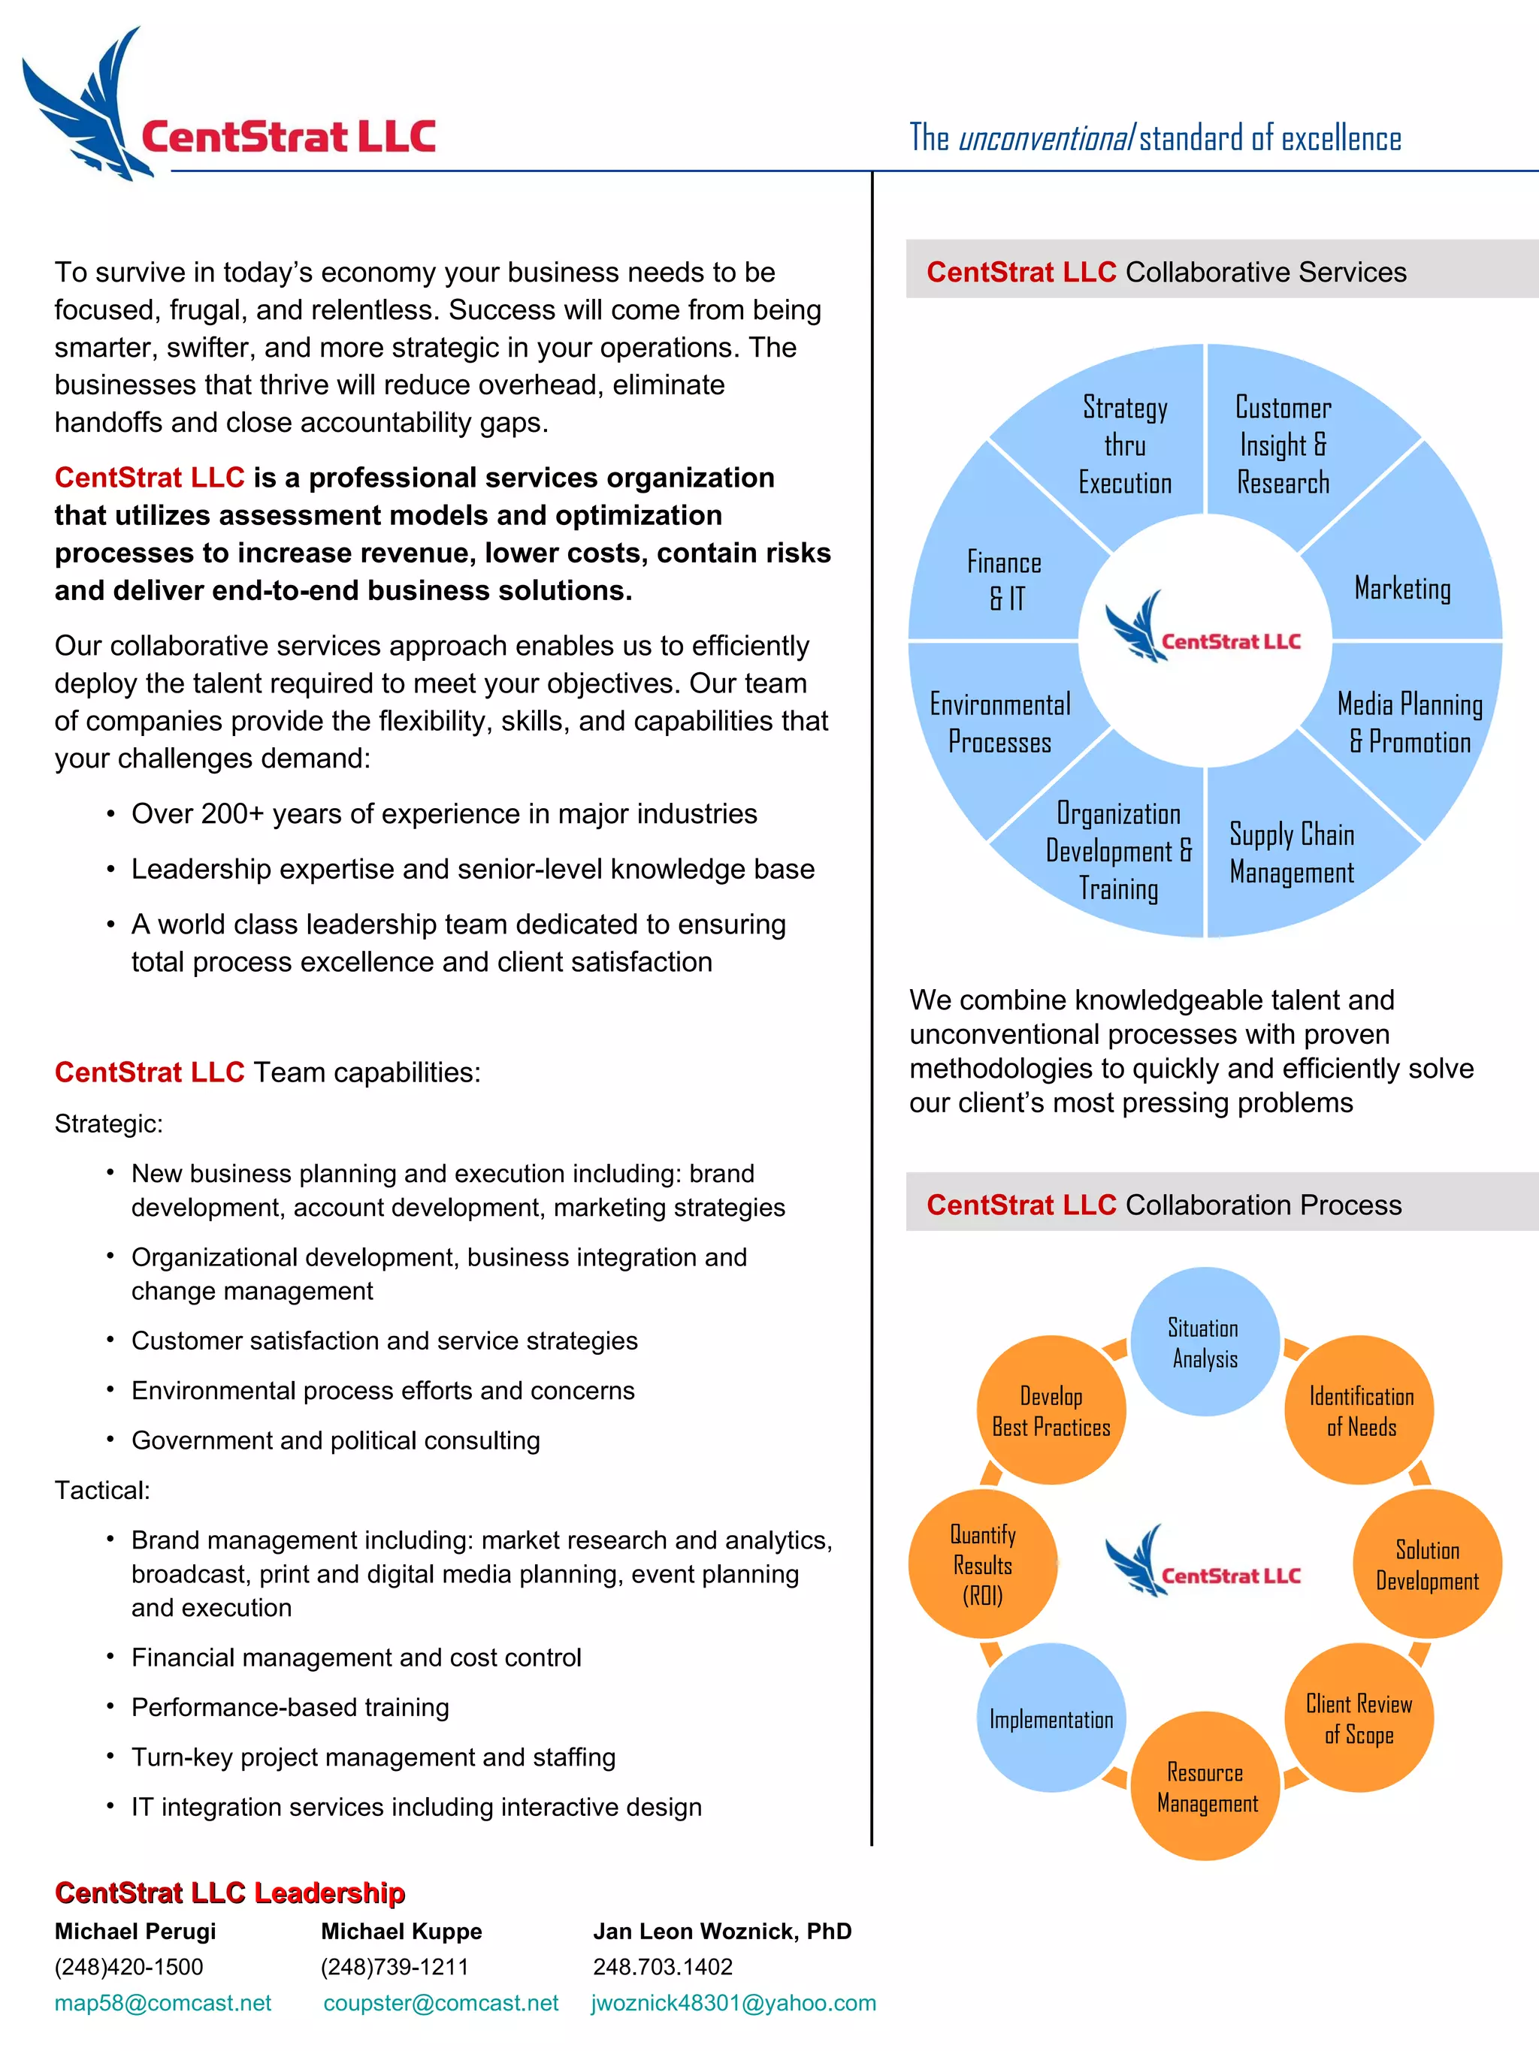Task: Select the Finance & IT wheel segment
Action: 1005,581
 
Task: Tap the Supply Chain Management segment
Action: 1291,853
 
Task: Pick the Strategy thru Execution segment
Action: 1125,445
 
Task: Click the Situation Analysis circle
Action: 1204,1343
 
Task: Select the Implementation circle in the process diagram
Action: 1051,1719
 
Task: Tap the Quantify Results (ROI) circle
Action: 982,1564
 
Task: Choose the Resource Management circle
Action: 1205,1787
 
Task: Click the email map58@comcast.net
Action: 162,2003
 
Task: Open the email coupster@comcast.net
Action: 440,2003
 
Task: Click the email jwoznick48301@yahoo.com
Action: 733,2003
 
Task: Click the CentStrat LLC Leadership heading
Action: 229,1893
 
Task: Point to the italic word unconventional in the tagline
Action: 1045,139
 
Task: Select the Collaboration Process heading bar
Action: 1221,1204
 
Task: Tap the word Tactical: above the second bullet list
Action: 102,1490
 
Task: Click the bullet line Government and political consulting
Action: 335,1440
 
